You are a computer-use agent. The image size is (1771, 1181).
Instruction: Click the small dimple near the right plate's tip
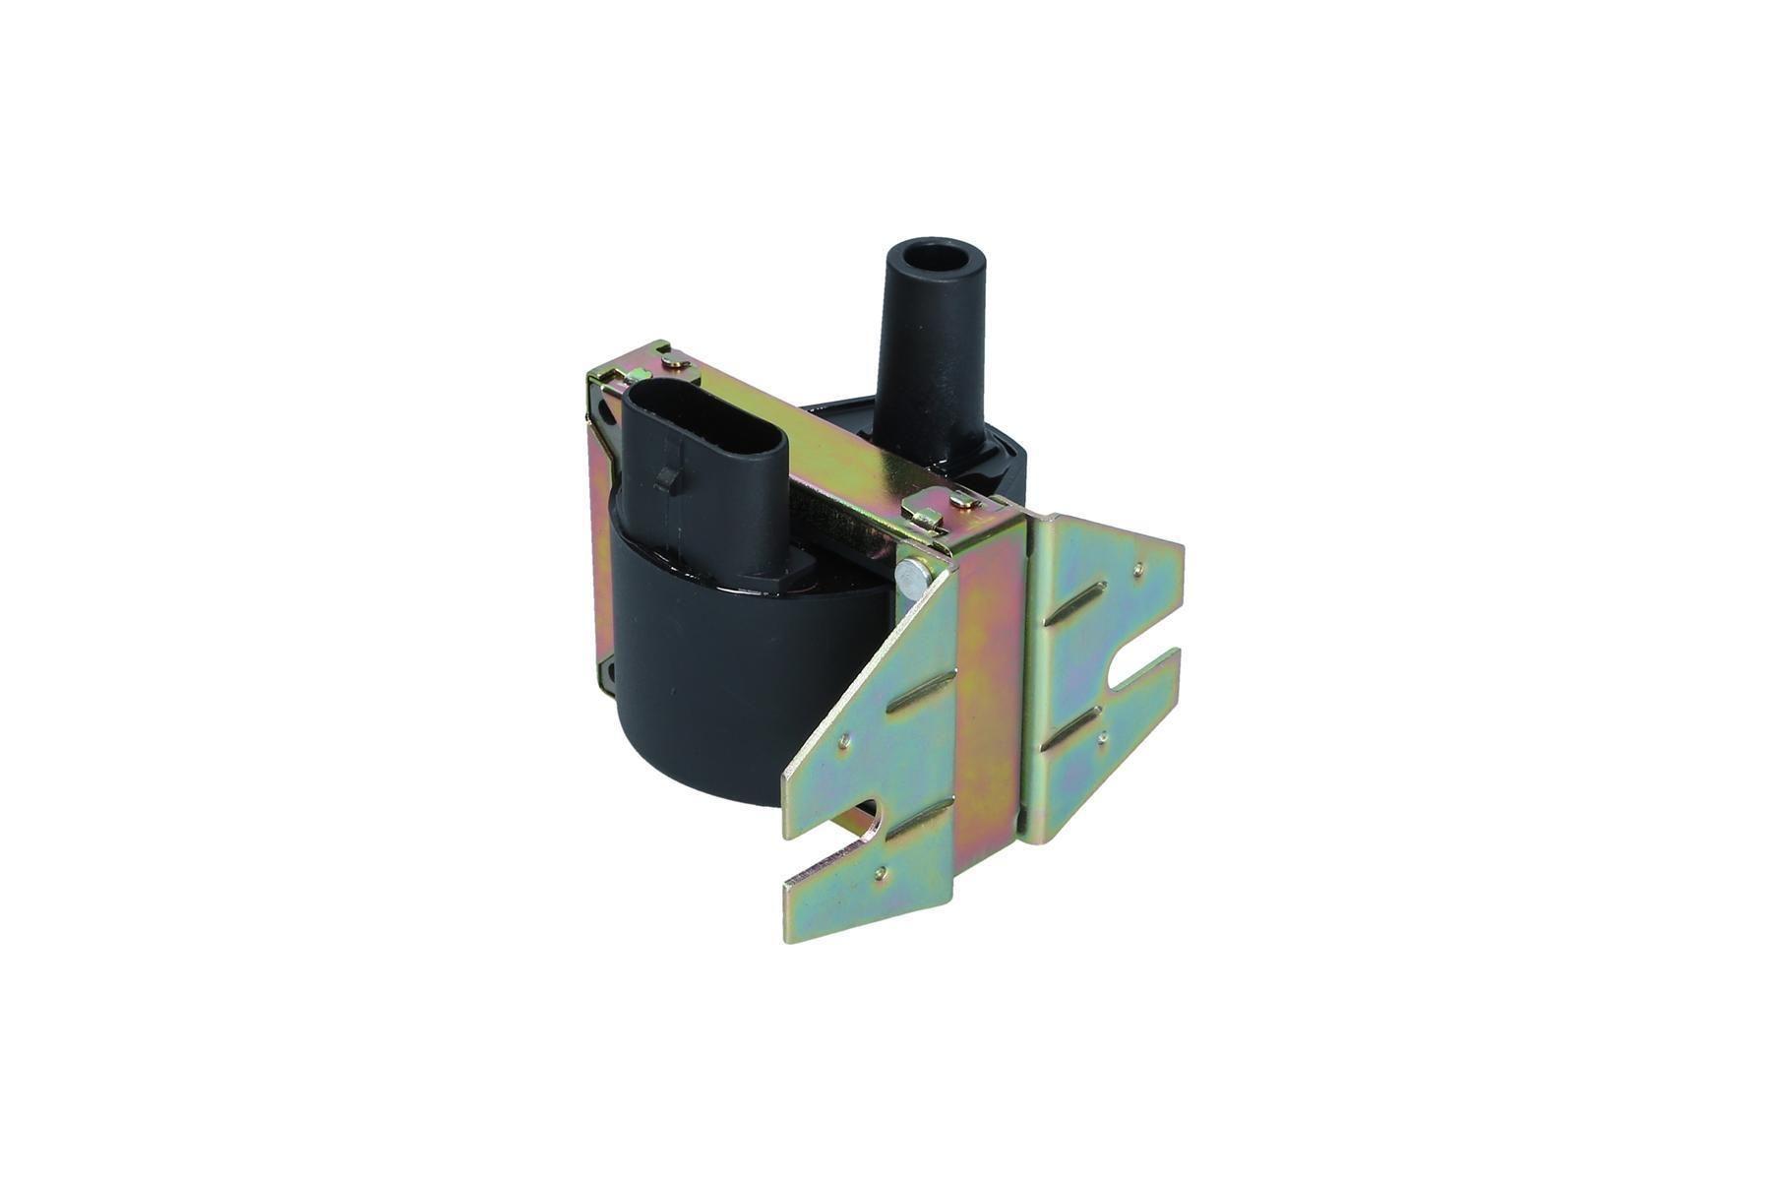[x=1138, y=567]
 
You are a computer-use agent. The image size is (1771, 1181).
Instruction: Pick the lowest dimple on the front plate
[x=880, y=870]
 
